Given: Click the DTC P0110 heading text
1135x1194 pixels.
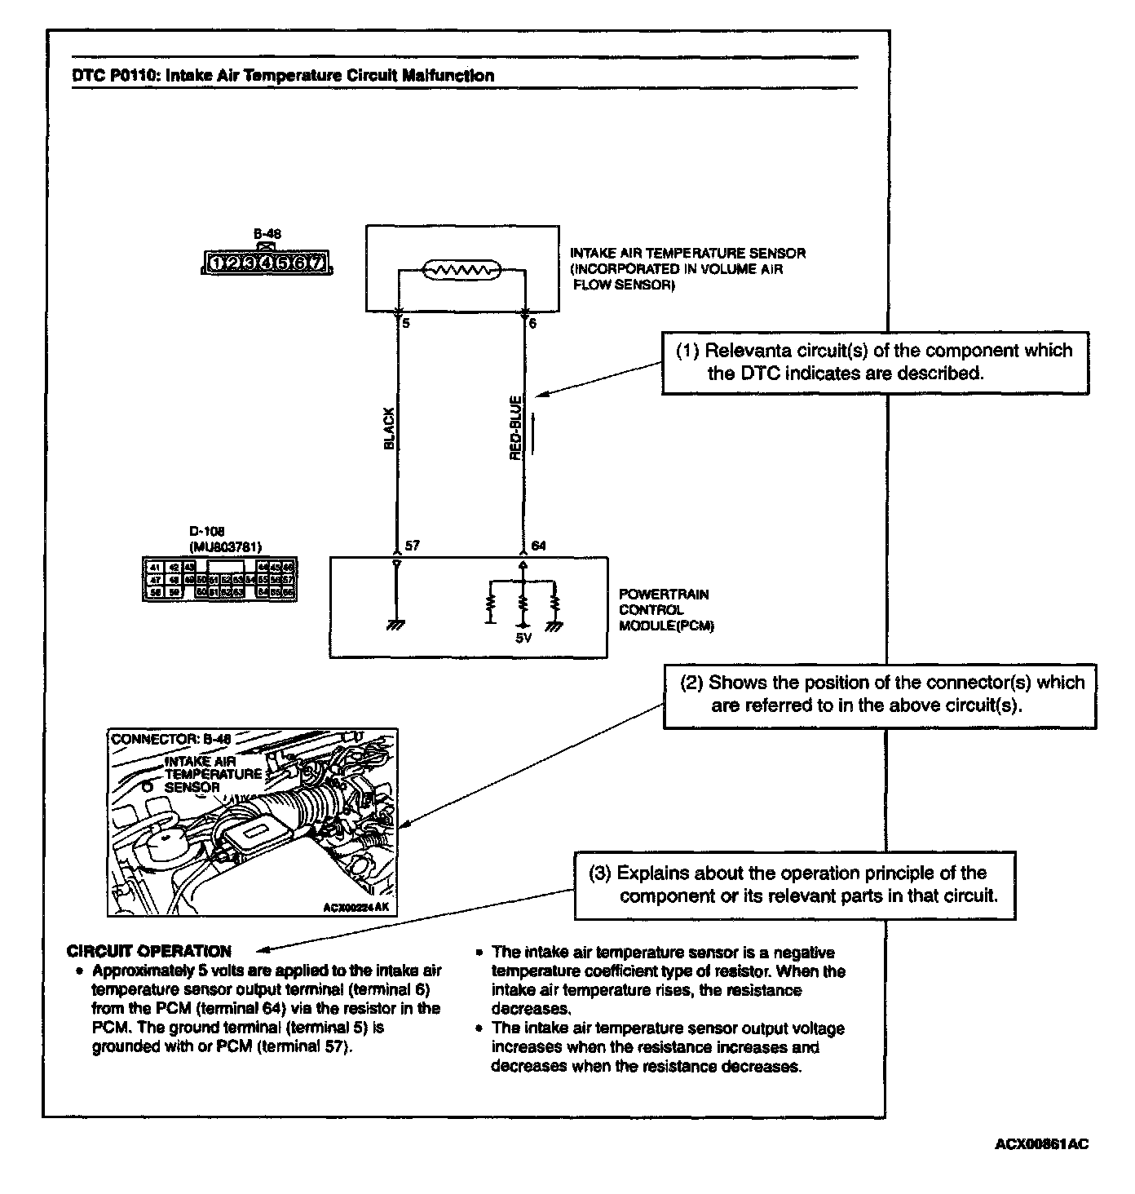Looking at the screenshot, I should tap(283, 76).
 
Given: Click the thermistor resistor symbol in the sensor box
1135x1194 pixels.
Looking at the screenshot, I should tap(461, 270).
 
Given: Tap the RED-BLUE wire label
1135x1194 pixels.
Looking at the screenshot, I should tap(515, 428).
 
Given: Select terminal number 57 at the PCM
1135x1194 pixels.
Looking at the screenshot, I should tap(413, 546).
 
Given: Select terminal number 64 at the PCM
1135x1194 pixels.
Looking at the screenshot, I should tap(538, 546).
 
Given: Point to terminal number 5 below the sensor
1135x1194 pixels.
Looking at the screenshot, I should tap(405, 324).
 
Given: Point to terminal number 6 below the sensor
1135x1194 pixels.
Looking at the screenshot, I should tap(533, 324).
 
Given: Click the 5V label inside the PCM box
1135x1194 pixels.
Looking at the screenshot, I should tap(523, 639).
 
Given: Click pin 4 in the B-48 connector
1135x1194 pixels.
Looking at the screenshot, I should tap(266, 263).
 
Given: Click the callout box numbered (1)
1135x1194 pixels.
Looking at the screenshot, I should tap(875, 363).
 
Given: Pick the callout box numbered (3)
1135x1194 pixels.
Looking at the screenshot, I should tap(795, 885).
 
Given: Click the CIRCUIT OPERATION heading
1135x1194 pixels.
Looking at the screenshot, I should tap(149, 951).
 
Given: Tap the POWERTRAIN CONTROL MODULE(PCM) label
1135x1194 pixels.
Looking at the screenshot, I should tap(663, 610).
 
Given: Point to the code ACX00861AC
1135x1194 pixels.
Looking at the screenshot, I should tap(1041, 1143).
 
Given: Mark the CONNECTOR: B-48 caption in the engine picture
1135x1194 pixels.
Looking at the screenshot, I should tap(170, 739).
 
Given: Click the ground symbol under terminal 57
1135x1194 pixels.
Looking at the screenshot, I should tap(396, 624).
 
